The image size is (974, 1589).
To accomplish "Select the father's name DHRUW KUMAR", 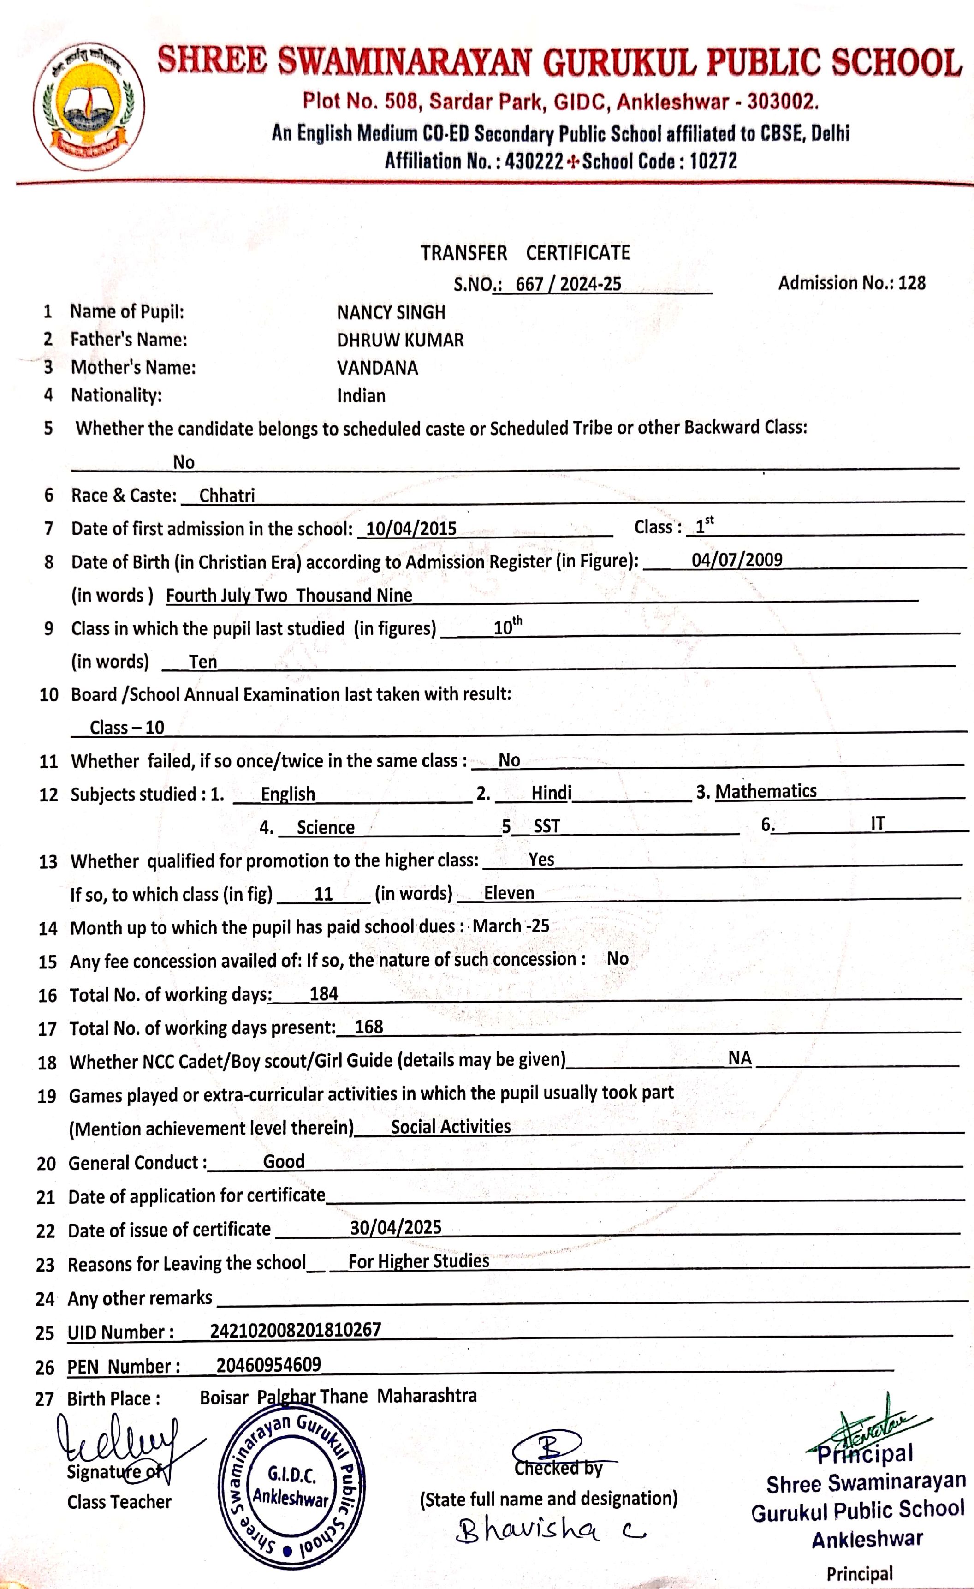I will pyautogui.click(x=400, y=340).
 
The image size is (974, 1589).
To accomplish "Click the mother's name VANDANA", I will pyautogui.click(x=377, y=368).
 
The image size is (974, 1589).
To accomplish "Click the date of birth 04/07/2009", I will pyautogui.click(x=737, y=559).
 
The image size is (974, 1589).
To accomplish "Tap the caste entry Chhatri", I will pyautogui.click(x=227, y=495).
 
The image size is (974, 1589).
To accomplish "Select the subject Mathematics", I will pyautogui.click(x=766, y=791).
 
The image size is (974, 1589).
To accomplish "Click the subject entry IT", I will pyautogui.click(x=877, y=823).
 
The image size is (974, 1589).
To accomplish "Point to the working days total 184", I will pyautogui.click(x=324, y=994).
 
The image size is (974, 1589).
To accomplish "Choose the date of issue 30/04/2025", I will pyautogui.click(x=396, y=1227).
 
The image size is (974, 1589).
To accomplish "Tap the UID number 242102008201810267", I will pyautogui.click(x=296, y=1330).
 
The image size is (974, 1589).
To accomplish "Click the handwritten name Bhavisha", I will pyautogui.click(x=529, y=1529).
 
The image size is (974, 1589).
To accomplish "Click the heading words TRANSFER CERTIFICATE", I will pyautogui.click(x=525, y=253).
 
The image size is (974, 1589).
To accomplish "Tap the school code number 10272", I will pyautogui.click(x=713, y=161).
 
